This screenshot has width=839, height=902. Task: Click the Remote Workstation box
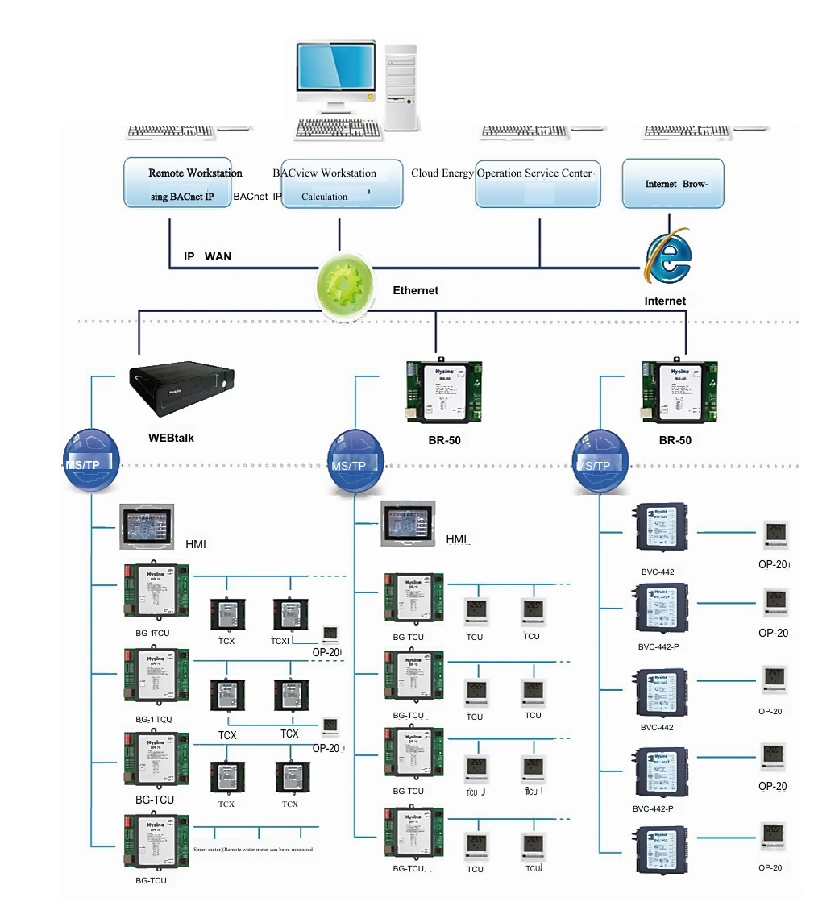coord(177,182)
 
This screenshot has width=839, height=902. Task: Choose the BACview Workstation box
coord(340,183)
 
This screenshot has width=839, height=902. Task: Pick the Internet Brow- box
coord(673,183)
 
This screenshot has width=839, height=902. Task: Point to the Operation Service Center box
coord(538,184)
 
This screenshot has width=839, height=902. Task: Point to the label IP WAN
coord(207,256)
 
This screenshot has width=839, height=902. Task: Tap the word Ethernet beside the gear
coord(415,290)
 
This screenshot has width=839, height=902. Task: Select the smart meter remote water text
coord(253,850)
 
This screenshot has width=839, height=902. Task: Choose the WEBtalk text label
coord(171,438)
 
